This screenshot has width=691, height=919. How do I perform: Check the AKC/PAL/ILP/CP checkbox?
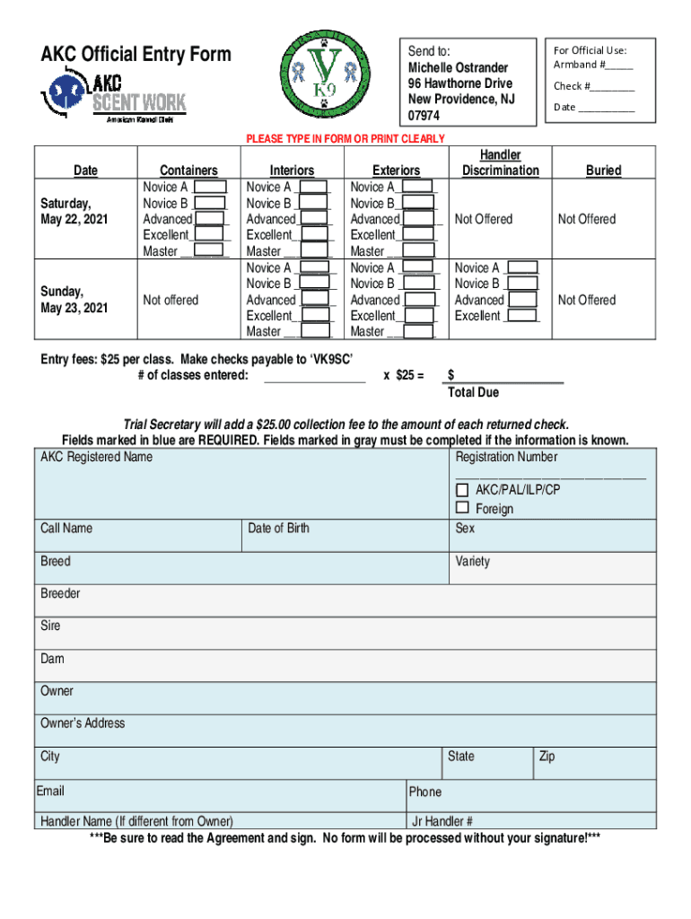(x=462, y=490)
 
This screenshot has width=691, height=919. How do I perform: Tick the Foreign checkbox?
(x=462, y=509)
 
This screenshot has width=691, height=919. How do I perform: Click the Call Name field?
(x=139, y=536)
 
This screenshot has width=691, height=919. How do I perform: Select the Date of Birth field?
(x=345, y=536)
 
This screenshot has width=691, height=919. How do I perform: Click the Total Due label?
(x=473, y=393)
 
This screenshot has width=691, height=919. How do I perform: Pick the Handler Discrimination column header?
(x=500, y=163)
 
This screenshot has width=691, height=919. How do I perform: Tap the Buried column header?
(x=603, y=171)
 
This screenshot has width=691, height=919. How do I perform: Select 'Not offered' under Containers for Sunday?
(x=171, y=300)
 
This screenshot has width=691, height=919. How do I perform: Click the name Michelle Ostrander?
(x=458, y=68)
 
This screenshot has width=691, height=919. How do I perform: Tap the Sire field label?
(x=51, y=626)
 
